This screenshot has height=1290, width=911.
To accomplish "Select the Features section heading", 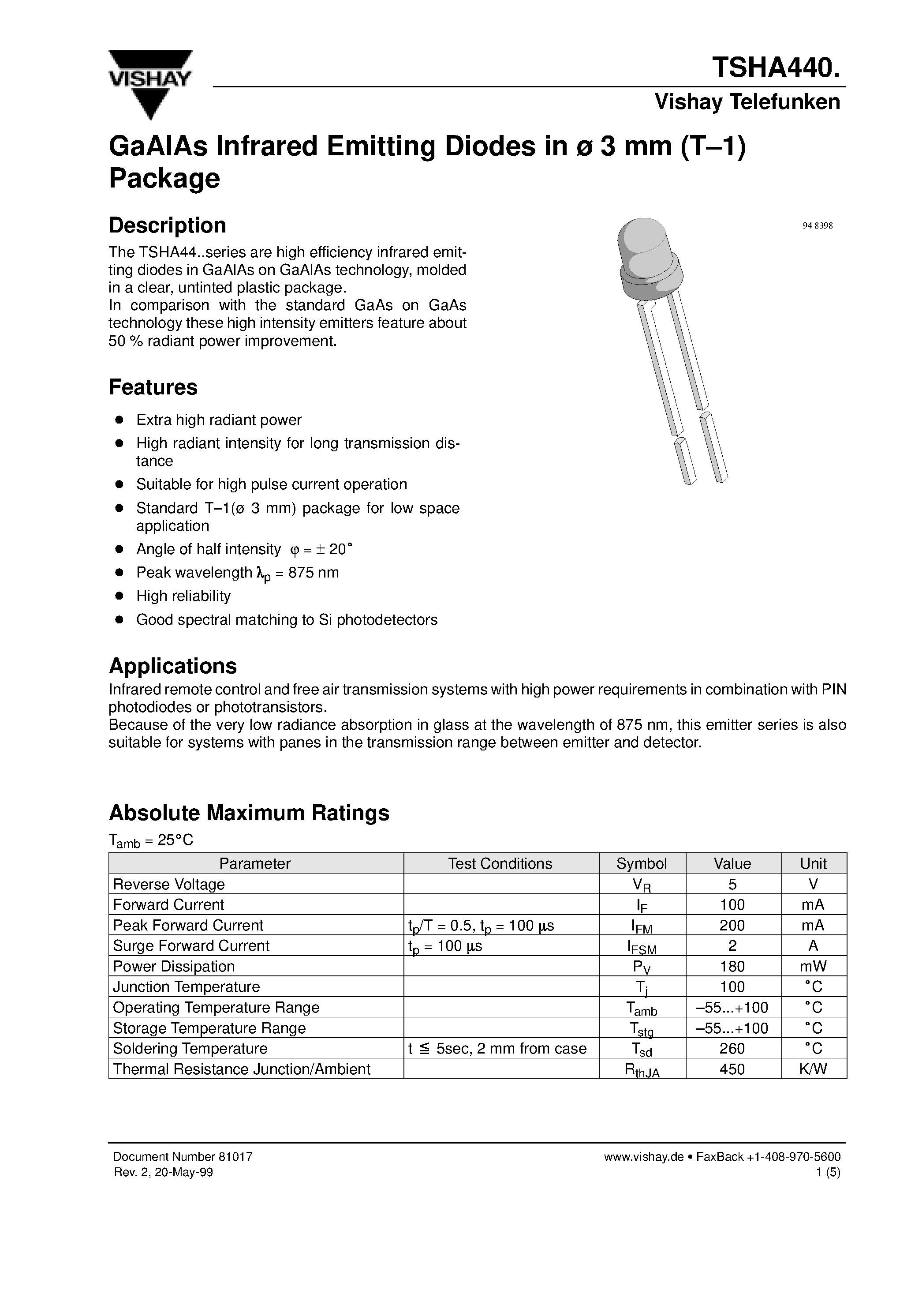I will (x=153, y=387).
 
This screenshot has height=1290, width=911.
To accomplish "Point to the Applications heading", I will (x=172, y=666).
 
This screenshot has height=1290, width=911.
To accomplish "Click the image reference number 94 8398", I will (x=817, y=226).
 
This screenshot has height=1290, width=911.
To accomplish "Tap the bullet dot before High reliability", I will (x=119, y=596).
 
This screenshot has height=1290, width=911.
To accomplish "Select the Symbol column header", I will (x=642, y=863).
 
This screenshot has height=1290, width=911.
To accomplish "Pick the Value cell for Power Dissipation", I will (x=732, y=966).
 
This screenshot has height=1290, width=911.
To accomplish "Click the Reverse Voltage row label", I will (x=168, y=885).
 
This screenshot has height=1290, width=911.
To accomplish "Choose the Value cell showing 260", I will (x=732, y=1048).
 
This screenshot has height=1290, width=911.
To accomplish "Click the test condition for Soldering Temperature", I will (x=497, y=1048).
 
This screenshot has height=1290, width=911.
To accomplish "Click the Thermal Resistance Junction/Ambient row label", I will (x=242, y=1069).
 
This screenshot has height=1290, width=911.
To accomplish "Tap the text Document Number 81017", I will (x=183, y=1156).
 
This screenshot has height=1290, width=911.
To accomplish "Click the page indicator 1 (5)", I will (x=829, y=1172).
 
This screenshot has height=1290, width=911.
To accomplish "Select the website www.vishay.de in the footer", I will (x=643, y=1156).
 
